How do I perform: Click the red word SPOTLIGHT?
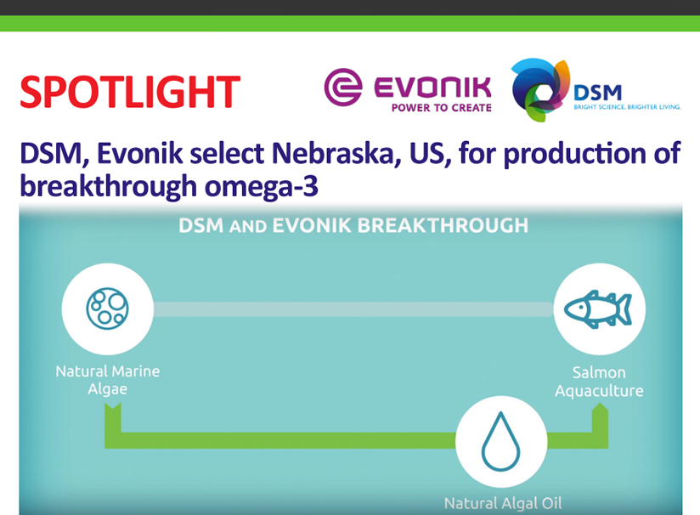click(130, 92)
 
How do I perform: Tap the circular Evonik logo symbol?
click(343, 87)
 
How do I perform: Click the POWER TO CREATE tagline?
click(442, 108)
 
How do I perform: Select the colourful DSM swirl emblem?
click(540, 89)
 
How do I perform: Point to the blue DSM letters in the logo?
click(597, 93)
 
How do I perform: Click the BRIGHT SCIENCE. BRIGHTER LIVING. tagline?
click(627, 107)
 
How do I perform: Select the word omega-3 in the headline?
click(261, 187)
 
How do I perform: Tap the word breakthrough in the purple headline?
click(109, 186)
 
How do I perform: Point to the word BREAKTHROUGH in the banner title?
click(443, 225)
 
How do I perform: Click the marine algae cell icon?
click(108, 308)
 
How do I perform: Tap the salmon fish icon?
click(598, 309)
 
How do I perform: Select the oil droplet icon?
click(501, 441)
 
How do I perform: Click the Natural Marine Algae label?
click(108, 380)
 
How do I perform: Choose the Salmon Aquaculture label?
click(599, 382)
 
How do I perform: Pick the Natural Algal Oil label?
click(503, 503)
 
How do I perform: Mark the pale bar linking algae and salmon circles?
click(353, 309)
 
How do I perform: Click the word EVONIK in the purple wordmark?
click(432, 88)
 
